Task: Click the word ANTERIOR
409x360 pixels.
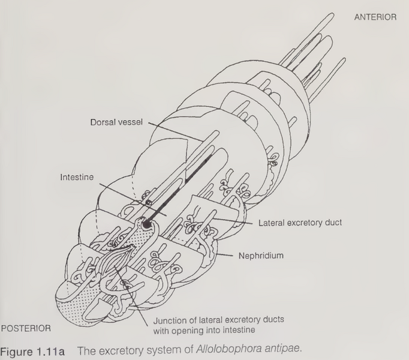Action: (x=375, y=17)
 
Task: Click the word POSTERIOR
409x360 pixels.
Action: (x=26, y=329)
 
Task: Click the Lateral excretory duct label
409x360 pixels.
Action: (x=300, y=223)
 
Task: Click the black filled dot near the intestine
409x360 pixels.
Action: (x=146, y=224)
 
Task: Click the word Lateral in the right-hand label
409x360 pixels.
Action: (x=272, y=223)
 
